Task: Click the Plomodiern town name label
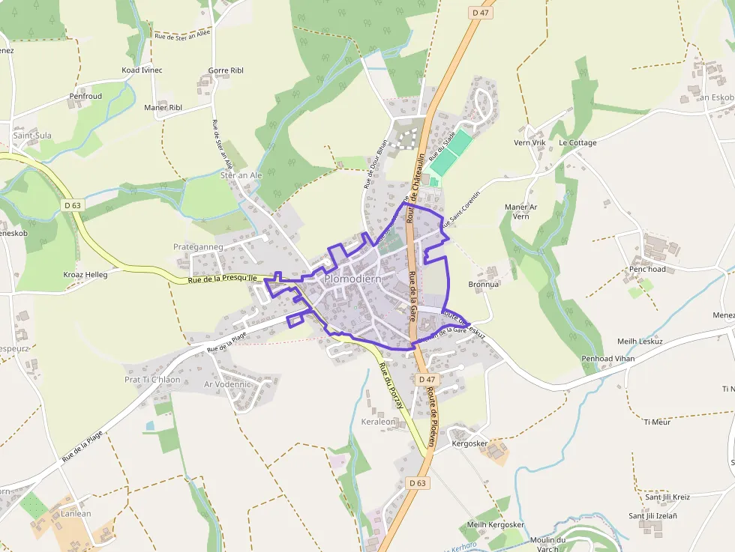pyautogui.click(x=353, y=279)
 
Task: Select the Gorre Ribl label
pyautogui.click(x=226, y=70)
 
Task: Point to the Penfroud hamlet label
pyautogui.click(x=85, y=97)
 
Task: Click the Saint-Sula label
pyautogui.click(x=32, y=136)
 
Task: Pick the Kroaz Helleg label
pyautogui.click(x=86, y=274)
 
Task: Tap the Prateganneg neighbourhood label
pyautogui.click(x=198, y=246)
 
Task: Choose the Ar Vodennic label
pyautogui.click(x=227, y=384)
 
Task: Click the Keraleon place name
pyautogui.click(x=378, y=422)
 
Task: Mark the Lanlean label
pyautogui.click(x=76, y=514)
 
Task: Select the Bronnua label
pyautogui.click(x=483, y=285)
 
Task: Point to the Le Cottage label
pyautogui.click(x=577, y=143)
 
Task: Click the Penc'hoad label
pyautogui.click(x=647, y=269)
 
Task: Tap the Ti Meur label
pyautogui.click(x=656, y=422)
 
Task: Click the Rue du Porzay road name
pyautogui.click(x=391, y=385)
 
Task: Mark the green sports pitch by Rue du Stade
pyautogui.click(x=451, y=153)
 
